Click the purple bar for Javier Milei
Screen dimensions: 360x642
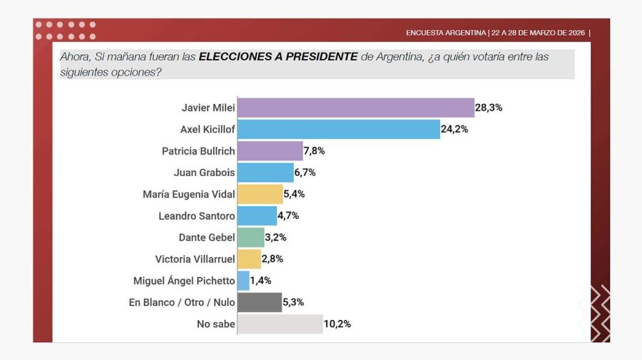[x=355, y=108]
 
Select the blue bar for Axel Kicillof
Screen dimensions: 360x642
[x=338, y=129]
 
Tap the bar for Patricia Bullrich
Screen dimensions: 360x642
[x=270, y=151]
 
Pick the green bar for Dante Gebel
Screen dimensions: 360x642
[x=250, y=237]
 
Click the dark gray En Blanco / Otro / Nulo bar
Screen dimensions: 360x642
[x=259, y=302]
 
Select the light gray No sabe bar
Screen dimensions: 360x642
[x=280, y=324]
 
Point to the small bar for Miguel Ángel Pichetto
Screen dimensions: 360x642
[x=243, y=281]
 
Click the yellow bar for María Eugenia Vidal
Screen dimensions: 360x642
[x=260, y=194]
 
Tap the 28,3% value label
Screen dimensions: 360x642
[x=489, y=108]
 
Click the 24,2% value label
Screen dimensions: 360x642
[x=454, y=129]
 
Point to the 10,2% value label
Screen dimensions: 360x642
[x=338, y=324]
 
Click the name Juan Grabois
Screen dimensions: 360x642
[x=204, y=173]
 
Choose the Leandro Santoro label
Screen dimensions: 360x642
[x=196, y=216]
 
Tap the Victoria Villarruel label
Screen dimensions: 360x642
[x=195, y=259]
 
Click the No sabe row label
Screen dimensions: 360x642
[x=215, y=324]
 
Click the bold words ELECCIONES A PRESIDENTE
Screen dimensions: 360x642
[x=277, y=56]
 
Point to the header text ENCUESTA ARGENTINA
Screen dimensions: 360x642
[x=446, y=33]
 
